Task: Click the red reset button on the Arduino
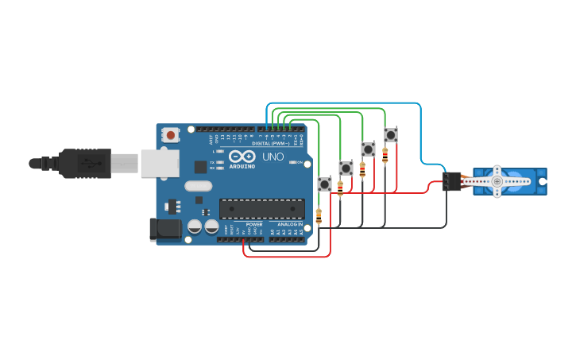(x=171, y=136)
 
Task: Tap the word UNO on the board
(x=273, y=157)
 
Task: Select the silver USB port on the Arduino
(x=160, y=163)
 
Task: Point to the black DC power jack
(x=164, y=230)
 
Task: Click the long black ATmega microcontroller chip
(x=261, y=208)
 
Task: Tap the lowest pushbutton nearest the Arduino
(x=324, y=184)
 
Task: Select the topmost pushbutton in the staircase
(x=390, y=135)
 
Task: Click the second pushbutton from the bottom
(x=346, y=168)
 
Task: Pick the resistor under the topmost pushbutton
(x=385, y=154)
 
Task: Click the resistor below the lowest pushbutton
(x=319, y=216)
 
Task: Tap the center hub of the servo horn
(x=497, y=181)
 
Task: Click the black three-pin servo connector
(x=451, y=182)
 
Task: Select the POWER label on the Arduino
(x=254, y=224)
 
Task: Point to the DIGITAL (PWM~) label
(x=271, y=143)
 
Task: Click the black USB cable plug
(x=84, y=164)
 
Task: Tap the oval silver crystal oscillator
(x=198, y=187)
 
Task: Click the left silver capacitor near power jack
(x=195, y=226)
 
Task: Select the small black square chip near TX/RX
(x=200, y=167)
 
